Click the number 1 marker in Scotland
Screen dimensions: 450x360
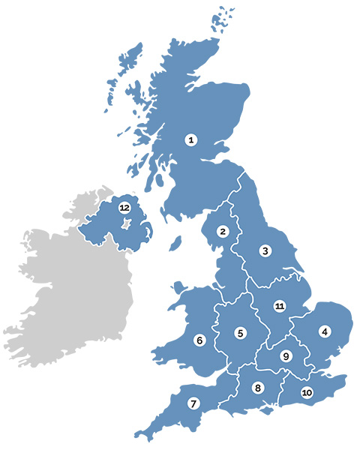point(191,139)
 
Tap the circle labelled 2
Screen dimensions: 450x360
point(223,232)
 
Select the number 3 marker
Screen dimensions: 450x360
point(264,250)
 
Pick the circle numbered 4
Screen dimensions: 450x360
point(325,331)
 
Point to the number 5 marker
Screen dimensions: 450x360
point(240,333)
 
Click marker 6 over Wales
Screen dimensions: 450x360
point(199,340)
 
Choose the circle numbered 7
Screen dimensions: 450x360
point(194,403)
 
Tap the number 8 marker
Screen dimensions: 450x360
point(258,388)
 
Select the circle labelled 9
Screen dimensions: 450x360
point(285,356)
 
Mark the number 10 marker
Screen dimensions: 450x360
point(307,392)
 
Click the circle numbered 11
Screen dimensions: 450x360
point(280,306)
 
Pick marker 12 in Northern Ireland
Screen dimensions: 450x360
point(124,207)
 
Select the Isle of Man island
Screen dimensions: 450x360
point(176,244)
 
